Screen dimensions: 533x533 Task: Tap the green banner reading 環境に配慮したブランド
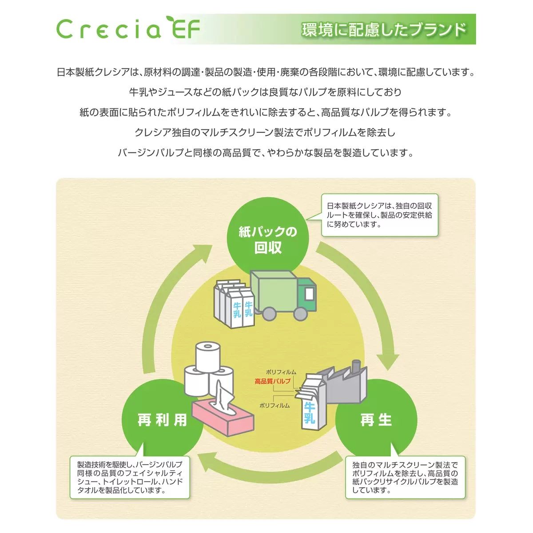tap(385, 29)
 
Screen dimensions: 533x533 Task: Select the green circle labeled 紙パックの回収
tap(268, 239)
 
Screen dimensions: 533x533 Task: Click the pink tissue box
tap(222, 420)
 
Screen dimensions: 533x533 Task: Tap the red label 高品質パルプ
tap(272, 381)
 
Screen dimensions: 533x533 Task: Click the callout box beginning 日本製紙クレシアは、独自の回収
tap(379, 215)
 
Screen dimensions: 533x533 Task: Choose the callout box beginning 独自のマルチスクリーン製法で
tap(405, 477)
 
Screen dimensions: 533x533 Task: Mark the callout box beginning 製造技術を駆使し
tap(130, 477)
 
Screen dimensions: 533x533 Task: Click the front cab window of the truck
tap(310, 293)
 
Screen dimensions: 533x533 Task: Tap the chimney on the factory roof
tap(355, 367)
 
